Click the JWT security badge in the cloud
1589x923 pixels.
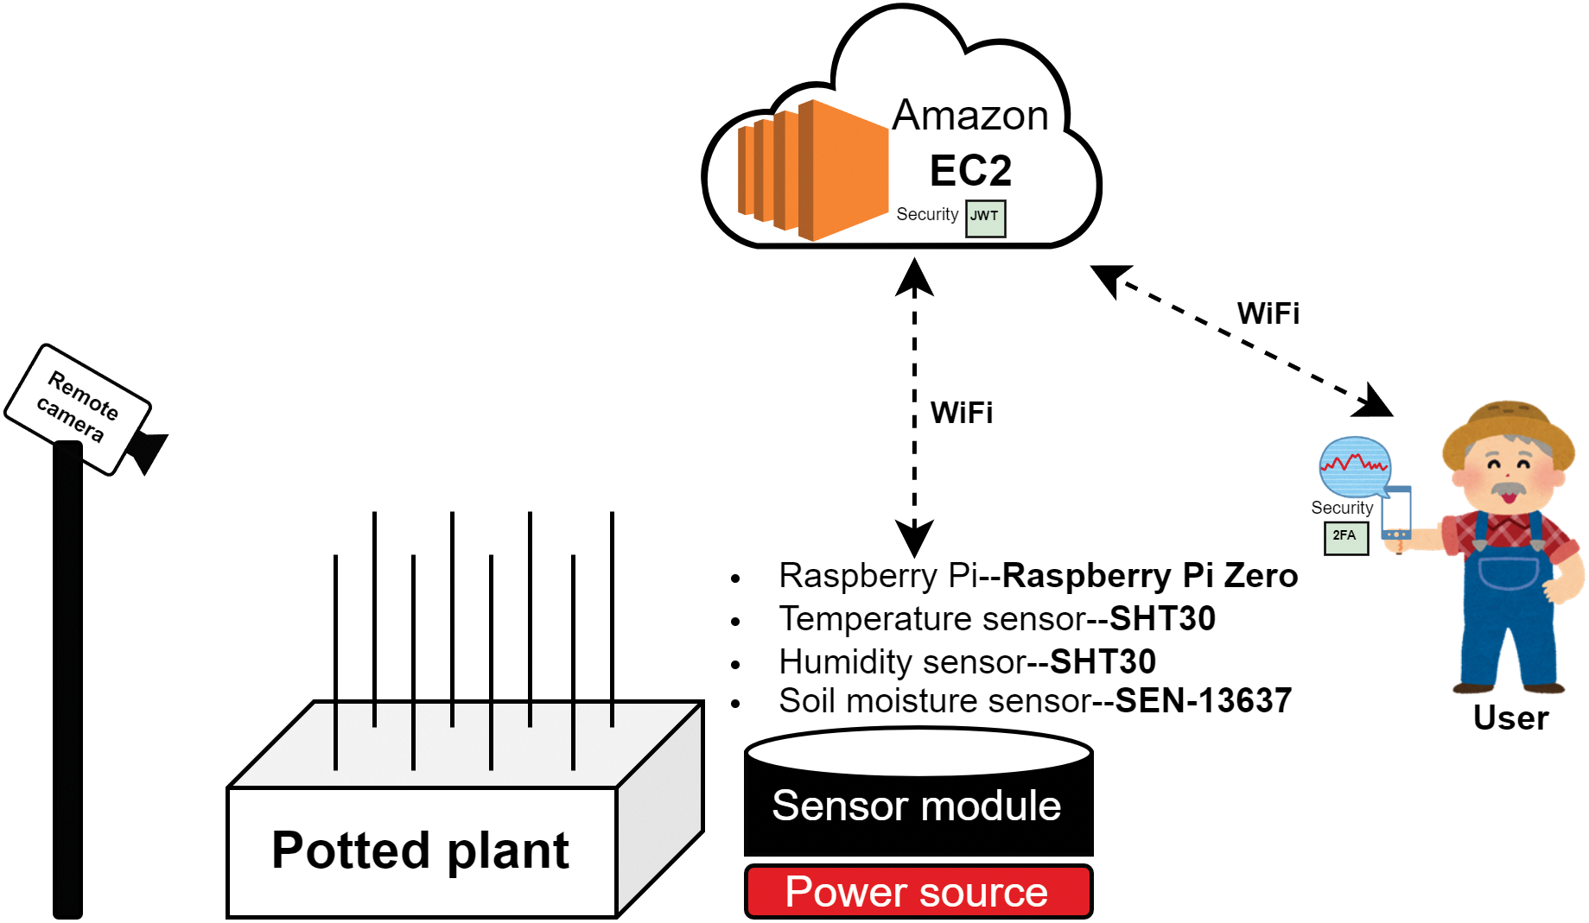tap(985, 218)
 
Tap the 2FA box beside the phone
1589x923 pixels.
tap(1345, 537)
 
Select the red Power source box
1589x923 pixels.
tap(918, 891)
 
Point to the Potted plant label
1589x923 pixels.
tap(421, 850)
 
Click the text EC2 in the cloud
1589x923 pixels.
tap(970, 170)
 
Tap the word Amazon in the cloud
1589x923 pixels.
tap(969, 116)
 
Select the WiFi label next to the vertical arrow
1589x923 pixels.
tap(962, 413)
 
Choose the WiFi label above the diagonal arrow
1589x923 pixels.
tap(1268, 313)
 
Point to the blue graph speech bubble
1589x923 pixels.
tap(1354, 465)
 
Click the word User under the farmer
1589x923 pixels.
tap(1510, 718)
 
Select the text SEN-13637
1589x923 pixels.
tap(1203, 701)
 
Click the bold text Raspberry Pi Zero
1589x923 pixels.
tap(1149, 576)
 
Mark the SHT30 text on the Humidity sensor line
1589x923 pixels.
tap(1103, 662)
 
